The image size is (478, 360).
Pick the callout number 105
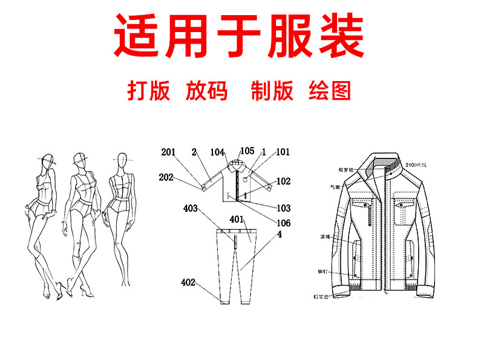coord(247,151)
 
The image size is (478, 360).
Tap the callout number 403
coord(191,209)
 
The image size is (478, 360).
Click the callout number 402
coord(188,282)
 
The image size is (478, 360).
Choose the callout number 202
coord(166,178)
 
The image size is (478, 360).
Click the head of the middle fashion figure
coord(79,160)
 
